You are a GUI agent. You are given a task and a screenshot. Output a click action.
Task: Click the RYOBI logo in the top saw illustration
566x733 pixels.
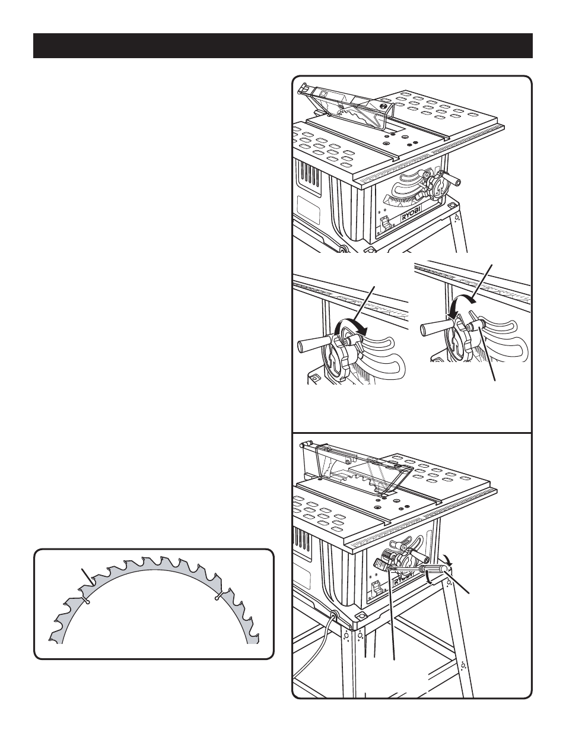tap(411, 215)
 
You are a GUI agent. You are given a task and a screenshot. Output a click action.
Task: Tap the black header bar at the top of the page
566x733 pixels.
tap(283, 46)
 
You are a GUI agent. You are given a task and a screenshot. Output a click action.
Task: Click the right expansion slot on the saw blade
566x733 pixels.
tap(219, 596)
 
